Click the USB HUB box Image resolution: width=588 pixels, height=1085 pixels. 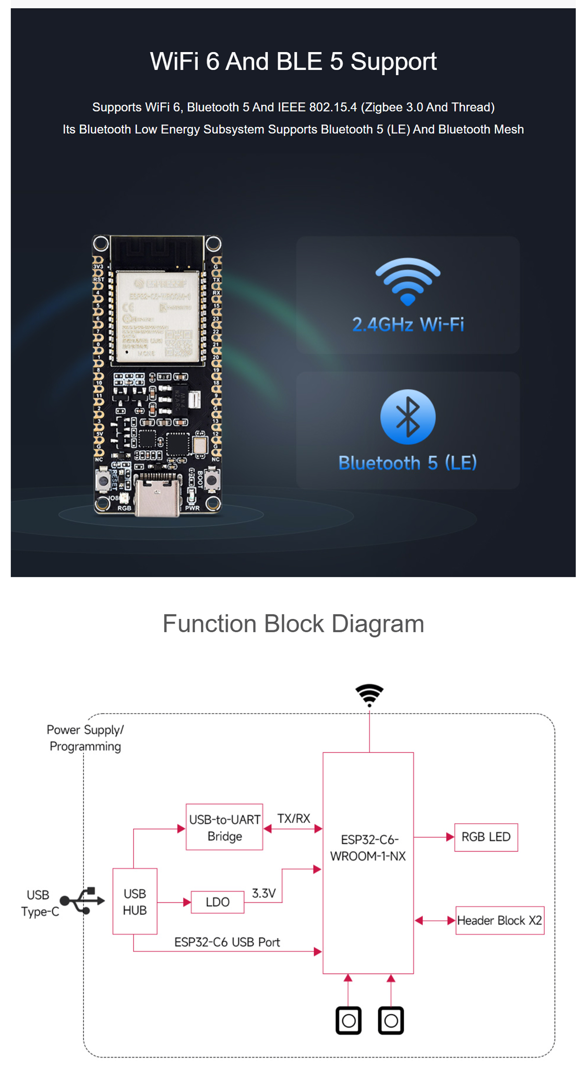(x=135, y=901)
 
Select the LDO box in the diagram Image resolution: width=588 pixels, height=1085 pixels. (x=218, y=902)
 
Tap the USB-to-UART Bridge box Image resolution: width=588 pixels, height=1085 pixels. (x=224, y=827)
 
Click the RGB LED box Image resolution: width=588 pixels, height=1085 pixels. (x=486, y=837)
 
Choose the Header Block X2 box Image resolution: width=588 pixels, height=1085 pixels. (x=499, y=920)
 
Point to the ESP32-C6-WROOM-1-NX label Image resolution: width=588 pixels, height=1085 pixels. (x=368, y=848)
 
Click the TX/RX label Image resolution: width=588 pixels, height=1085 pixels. (x=294, y=818)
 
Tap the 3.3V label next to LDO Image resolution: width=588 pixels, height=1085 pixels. (x=264, y=893)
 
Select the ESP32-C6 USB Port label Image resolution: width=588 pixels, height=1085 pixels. (x=227, y=942)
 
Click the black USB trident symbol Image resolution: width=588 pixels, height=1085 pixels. (x=82, y=900)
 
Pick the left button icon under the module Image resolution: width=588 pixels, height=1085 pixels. (x=348, y=1020)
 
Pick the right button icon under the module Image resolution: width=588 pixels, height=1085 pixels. (x=391, y=1020)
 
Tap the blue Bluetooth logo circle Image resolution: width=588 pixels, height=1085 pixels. (x=408, y=417)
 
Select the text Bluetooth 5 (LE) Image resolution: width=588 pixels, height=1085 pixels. (x=407, y=463)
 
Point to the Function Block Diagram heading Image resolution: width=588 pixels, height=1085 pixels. (x=293, y=623)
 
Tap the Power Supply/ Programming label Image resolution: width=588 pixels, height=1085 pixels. (x=85, y=738)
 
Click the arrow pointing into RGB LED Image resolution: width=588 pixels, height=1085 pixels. (x=449, y=837)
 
